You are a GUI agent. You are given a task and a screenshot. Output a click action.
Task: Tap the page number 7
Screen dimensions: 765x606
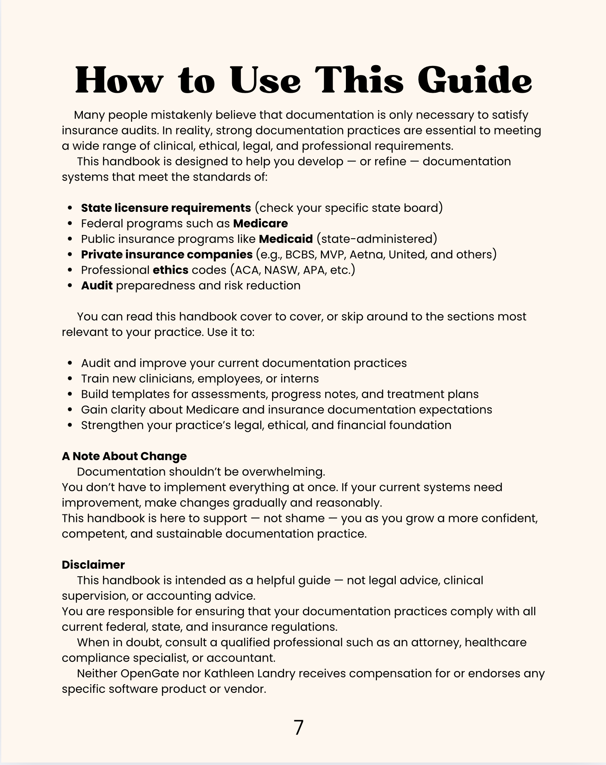(x=298, y=727)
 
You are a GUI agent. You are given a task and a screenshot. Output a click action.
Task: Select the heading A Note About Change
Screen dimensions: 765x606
(x=124, y=456)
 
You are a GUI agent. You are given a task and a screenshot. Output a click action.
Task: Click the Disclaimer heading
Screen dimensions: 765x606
(x=93, y=565)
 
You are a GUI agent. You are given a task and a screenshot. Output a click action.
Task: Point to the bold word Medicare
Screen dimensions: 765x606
(x=260, y=223)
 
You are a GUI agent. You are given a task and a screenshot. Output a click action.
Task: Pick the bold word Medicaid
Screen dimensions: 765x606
(x=286, y=239)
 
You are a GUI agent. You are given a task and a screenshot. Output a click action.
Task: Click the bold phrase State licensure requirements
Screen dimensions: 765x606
(x=166, y=208)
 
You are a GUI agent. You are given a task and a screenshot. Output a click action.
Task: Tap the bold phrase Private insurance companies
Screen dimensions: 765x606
(x=167, y=255)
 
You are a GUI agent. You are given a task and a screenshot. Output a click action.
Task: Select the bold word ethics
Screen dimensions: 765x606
(x=170, y=270)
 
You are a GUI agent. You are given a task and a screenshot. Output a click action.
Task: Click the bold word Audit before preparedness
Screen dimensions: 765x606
(x=97, y=286)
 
